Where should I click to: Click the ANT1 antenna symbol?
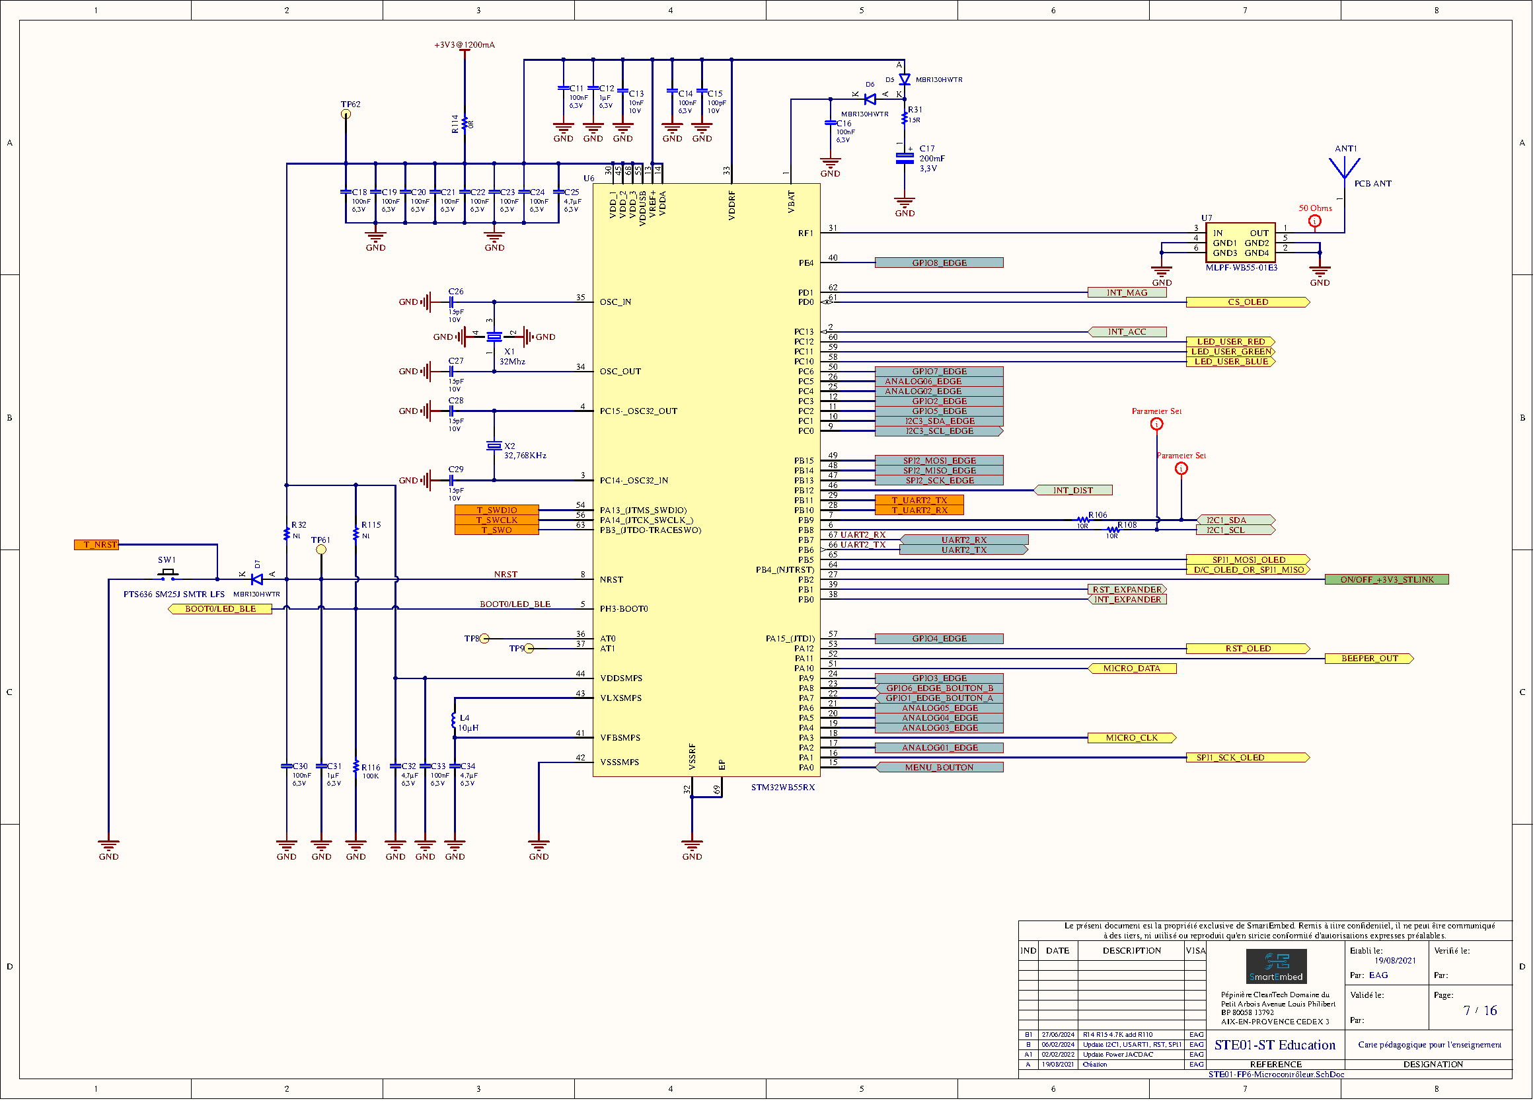1344,167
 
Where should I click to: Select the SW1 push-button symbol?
168,575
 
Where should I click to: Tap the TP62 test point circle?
346,114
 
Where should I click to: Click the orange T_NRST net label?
96,545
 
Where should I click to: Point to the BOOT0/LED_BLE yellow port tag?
220,610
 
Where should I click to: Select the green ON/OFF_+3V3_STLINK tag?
1386,580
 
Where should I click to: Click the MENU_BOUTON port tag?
939,768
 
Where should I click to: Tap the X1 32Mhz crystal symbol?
494,337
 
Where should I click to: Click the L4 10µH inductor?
454,721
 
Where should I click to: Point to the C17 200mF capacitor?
904,159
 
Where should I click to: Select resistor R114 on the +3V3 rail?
465,124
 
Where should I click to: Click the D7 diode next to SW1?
257,580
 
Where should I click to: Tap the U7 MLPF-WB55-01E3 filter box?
1240,243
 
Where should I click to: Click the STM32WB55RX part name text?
782,788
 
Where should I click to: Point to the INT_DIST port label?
1072,490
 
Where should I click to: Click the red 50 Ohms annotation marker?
1314,222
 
